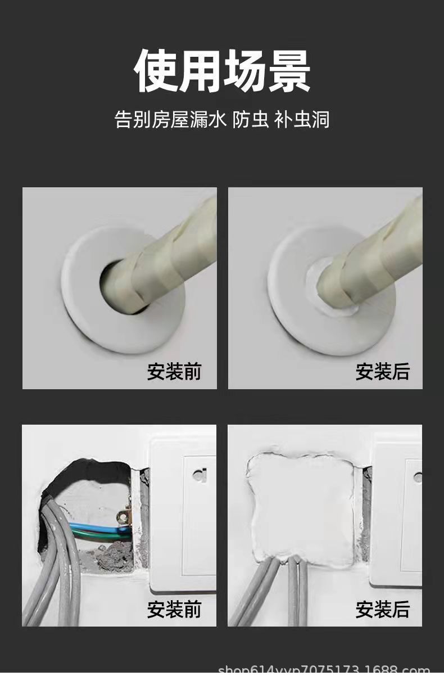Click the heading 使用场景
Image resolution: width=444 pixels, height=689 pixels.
click(222, 71)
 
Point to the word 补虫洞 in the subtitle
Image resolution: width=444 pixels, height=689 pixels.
click(302, 119)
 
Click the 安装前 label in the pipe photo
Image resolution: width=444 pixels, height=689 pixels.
click(174, 372)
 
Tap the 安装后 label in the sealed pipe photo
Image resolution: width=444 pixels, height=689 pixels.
click(382, 372)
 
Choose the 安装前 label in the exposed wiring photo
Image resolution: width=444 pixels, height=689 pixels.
click(174, 609)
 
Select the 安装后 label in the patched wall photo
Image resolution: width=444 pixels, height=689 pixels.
click(382, 609)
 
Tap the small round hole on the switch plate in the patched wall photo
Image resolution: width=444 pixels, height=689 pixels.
click(417, 477)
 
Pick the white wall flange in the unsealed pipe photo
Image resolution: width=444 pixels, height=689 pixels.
click(84, 315)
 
